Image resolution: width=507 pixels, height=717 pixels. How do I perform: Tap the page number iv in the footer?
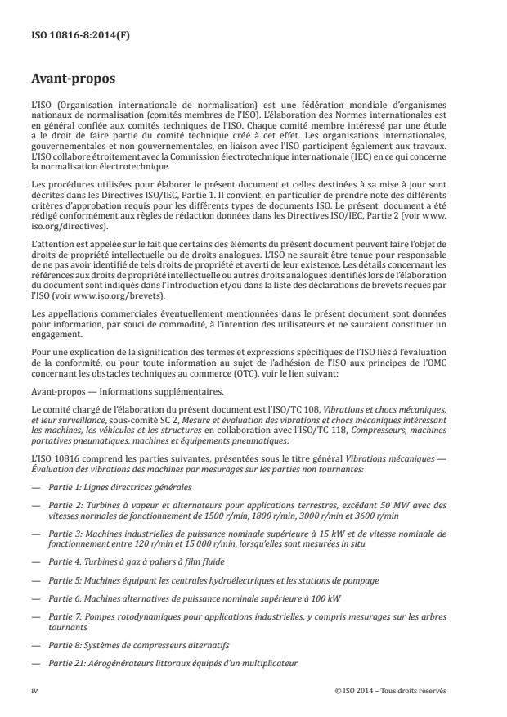tap(34, 690)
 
